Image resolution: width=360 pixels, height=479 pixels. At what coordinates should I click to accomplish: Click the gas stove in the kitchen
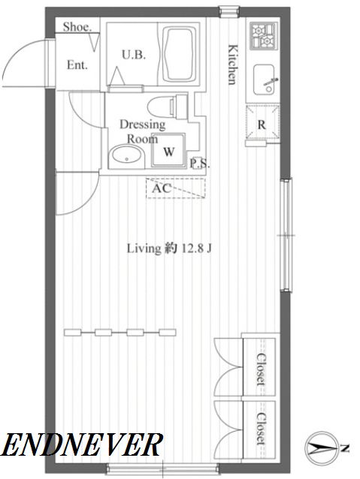265,36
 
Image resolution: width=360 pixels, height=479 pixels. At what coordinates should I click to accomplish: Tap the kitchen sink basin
264,80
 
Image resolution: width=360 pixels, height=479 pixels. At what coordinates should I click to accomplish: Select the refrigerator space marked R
263,122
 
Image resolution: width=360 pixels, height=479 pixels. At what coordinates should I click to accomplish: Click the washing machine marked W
169,150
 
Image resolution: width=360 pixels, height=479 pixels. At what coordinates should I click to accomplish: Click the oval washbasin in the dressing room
126,156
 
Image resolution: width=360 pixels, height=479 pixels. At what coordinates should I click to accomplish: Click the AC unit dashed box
176,188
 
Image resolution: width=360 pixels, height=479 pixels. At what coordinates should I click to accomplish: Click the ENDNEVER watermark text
81,444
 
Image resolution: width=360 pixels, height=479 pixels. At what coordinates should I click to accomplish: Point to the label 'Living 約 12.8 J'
169,249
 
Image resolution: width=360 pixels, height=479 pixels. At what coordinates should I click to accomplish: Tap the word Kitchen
233,65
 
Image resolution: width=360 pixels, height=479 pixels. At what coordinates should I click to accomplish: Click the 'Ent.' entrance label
77,65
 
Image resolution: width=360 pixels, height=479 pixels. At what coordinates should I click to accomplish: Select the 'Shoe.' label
77,27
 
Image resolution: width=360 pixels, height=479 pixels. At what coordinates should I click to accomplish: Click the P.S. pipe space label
200,163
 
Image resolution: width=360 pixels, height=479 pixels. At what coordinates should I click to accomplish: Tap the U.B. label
134,55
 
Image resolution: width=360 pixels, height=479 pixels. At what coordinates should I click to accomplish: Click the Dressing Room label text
142,131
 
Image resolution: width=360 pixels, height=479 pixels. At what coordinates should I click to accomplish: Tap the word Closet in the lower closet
261,428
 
